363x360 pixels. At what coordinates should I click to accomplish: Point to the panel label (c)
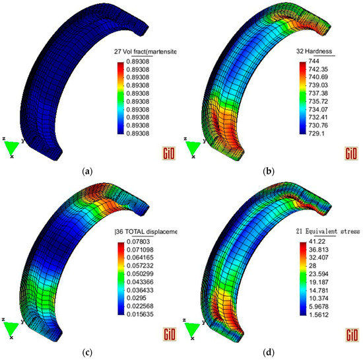(86, 351)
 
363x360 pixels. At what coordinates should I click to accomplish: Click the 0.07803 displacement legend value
(139, 242)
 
